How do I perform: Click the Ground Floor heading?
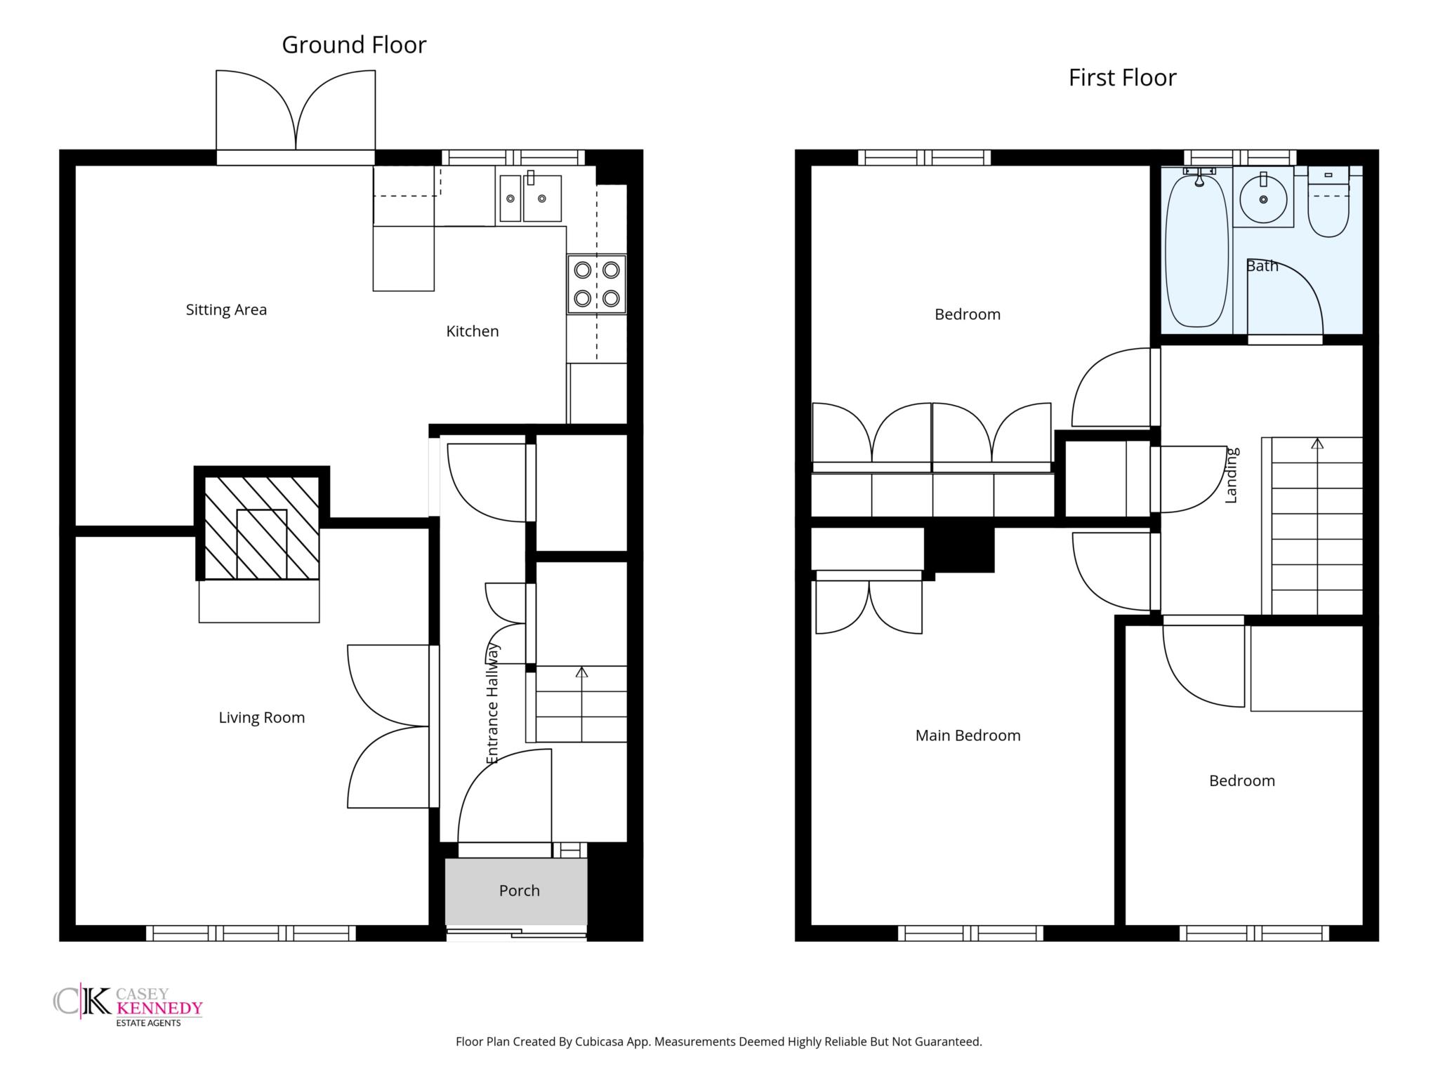pos(354,45)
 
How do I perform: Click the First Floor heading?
pos(1122,78)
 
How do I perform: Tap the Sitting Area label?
pos(226,310)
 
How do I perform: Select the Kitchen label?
pos(473,331)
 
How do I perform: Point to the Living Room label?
pos(262,718)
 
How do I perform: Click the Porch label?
pos(520,891)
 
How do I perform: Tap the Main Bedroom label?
pos(968,736)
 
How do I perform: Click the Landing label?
pos(1231,475)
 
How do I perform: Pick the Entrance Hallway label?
pos(492,703)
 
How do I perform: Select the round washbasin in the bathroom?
pos(1263,199)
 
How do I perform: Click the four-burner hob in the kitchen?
pos(597,284)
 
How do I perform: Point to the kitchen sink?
pos(531,197)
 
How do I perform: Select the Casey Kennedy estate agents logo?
pos(128,1005)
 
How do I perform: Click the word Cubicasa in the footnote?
pos(600,1042)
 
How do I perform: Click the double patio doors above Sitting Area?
pos(296,112)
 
